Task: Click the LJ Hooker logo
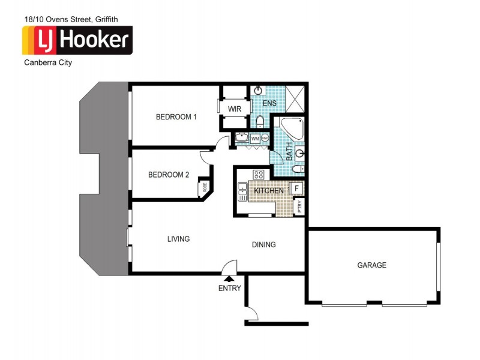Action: tap(77, 40)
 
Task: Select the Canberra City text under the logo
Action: tap(47, 62)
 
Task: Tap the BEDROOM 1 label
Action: tap(176, 117)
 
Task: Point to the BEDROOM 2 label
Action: tap(169, 175)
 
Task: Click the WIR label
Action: tap(235, 109)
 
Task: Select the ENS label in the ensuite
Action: tap(269, 104)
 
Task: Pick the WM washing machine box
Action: tap(255, 139)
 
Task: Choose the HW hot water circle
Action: tap(265, 139)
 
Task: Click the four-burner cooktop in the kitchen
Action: tap(259, 175)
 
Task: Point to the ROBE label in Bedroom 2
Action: tap(205, 188)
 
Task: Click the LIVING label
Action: tap(178, 239)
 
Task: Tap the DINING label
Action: tap(263, 244)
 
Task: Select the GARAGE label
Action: tap(371, 265)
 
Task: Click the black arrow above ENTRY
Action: tap(229, 278)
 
